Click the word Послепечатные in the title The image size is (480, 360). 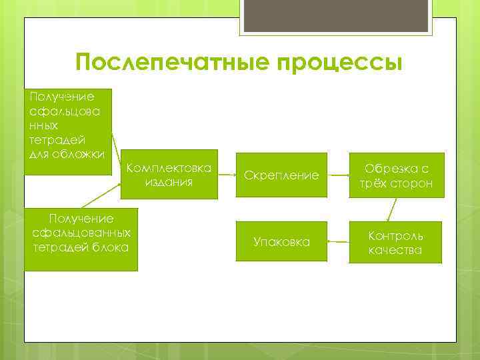click(161, 63)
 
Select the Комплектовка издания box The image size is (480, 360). click(169, 175)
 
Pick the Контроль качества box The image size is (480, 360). click(395, 243)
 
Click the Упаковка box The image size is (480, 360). click(281, 242)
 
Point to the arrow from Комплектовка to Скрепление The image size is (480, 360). click(226, 175)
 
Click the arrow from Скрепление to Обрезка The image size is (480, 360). click(339, 175)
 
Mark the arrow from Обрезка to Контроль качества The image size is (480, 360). click(391, 209)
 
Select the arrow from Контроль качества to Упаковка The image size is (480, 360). click(339, 242)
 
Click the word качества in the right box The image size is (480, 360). click(395, 250)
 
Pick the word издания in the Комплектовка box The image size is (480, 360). click(169, 182)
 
